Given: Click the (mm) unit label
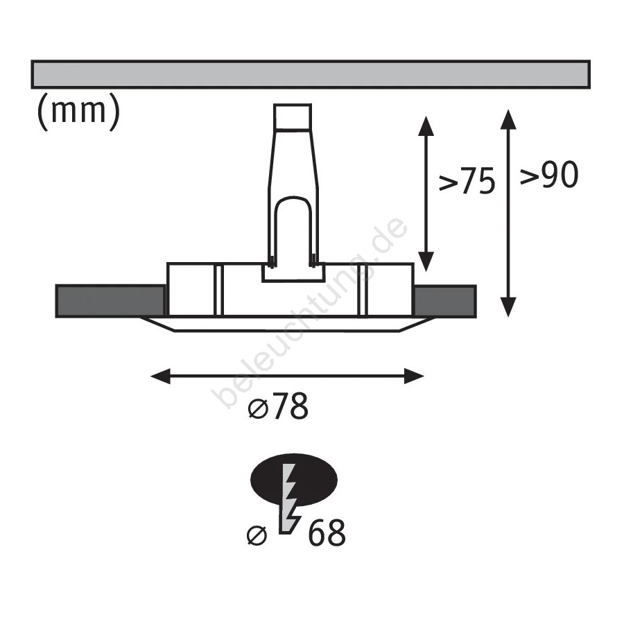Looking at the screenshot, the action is pyautogui.click(x=78, y=112).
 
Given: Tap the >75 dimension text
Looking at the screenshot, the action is pyautogui.click(x=467, y=181).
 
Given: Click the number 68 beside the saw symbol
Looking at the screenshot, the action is pyautogui.click(x=327, y=532).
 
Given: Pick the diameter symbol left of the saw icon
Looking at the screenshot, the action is pyautogui.click(x=257, y=535).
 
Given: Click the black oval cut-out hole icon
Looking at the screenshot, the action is pyautogui.click(x=294, y=479).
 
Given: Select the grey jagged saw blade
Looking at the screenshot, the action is pyautogui.click(x=289, y=499).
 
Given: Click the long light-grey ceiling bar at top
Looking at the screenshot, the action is pyautogui.click(x=311, y=74).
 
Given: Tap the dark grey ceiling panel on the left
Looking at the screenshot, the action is pyautogui.click(x=110, y=301).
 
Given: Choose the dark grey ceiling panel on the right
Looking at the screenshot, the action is pyautogui.click(x=445, y=302).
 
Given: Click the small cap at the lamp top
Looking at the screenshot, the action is pyautogui.click(x=293, y=116).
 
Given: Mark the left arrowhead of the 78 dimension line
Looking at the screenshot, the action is pyautogui.click(x=160, y=376).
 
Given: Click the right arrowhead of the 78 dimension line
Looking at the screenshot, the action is pyautogui.click(x=414, y=376).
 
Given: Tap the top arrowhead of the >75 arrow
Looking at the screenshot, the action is pyautogui.click(x=426, y=125).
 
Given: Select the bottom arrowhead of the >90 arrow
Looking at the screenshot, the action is pyautogui.click(x=508, y=307).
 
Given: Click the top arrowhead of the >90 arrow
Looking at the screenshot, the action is pyautogui.click(x=508, y=119).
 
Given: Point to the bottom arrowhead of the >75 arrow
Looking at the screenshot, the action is pyautogui.click(x=426, y=262).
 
